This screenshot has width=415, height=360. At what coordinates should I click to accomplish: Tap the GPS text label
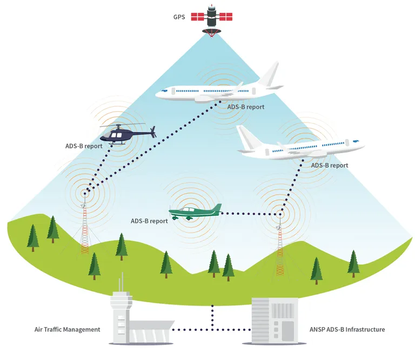(x=179, y=17)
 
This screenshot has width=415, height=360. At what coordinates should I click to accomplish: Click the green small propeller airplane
(x=195, y=212)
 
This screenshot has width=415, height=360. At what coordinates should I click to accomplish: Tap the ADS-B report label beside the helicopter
(x=84, y=146)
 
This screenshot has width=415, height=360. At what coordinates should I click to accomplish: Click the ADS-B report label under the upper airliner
(x=246, y=107)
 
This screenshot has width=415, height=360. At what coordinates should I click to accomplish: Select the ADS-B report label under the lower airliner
(x=330, y=165)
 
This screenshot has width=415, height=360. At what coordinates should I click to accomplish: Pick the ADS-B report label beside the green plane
(x=149, y=221)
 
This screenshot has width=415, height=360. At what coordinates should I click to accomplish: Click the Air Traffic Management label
(x=67, y=330)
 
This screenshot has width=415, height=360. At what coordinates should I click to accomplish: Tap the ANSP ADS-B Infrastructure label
(x=347, y=330)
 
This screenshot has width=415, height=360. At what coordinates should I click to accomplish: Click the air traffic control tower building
(x=122, y=317)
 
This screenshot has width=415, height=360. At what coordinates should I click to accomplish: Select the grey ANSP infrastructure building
(x=275, y=321)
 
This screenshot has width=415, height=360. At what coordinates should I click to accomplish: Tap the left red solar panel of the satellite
(x=197, y=17)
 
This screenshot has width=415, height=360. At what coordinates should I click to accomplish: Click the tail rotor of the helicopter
(x=153, y=132)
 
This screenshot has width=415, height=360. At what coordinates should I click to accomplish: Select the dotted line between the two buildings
(x=211, y=330)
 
